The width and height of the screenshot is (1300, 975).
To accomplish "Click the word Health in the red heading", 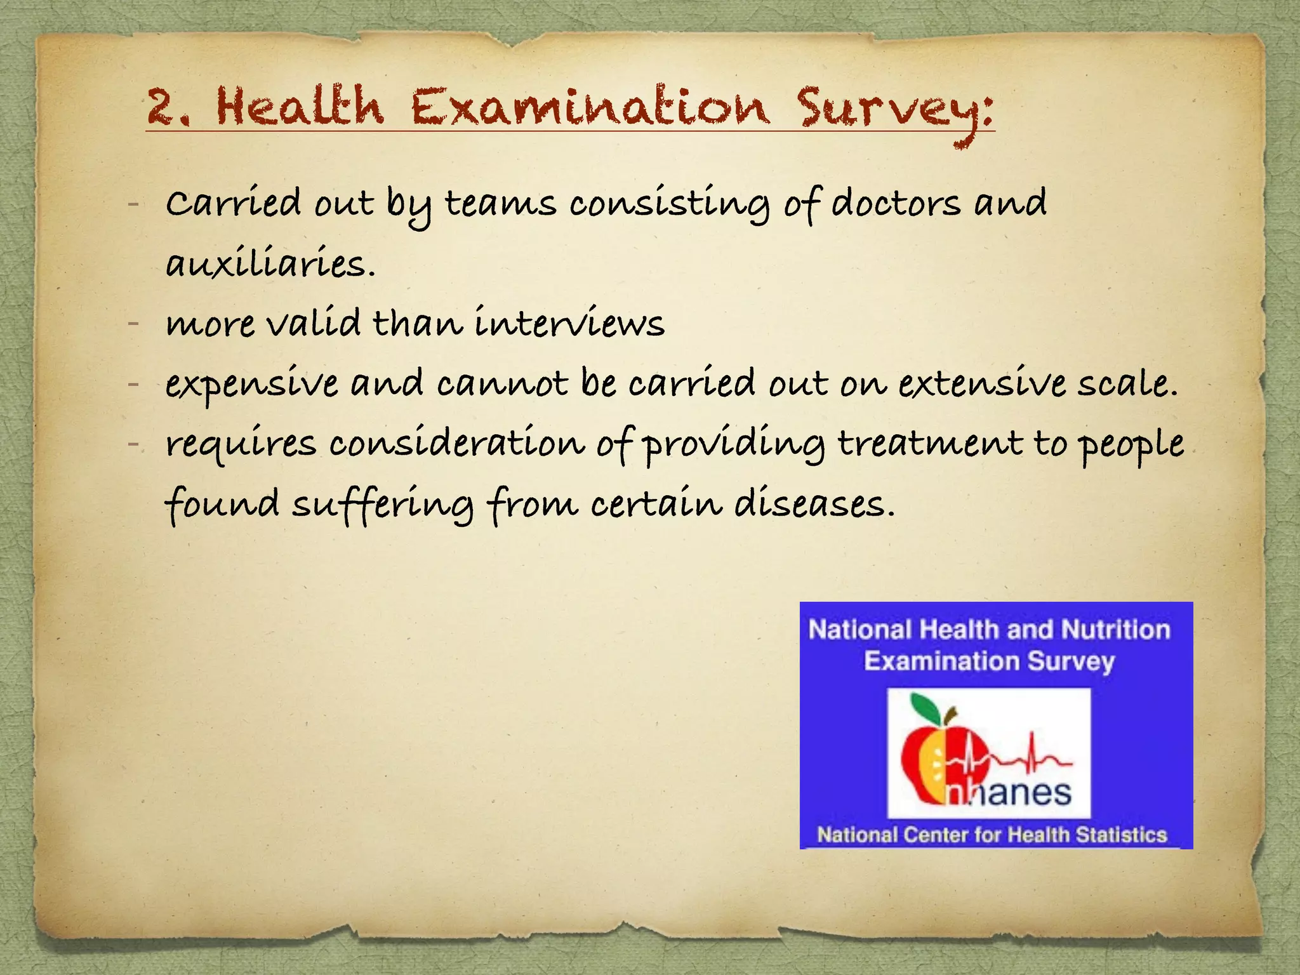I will pyautogui.click(x=300, y=106).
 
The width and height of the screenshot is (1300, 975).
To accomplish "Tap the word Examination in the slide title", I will pyautogui.click(x=590, y=106).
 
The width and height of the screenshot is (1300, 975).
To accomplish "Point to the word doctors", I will pyautogui.click(x=896, y=204).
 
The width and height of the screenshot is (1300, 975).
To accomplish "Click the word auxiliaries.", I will pyautogui.click(x=270, y=263).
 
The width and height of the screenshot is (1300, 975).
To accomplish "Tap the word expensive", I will pyautogui.click(x=252, y=385).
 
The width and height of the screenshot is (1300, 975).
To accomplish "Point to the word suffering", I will pyautogui.click(x=383, y=504).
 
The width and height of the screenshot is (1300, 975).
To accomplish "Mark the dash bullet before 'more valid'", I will pyautogui.click(x=133, y=324).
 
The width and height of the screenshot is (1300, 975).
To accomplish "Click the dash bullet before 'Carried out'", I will pyautogui.click(x=133, y=204).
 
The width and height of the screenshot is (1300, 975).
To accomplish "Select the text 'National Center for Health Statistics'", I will pyautogui.click(x=992, y=835).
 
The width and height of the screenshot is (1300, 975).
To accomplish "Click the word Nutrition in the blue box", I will pyautogui.click(x=1115, y=630).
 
